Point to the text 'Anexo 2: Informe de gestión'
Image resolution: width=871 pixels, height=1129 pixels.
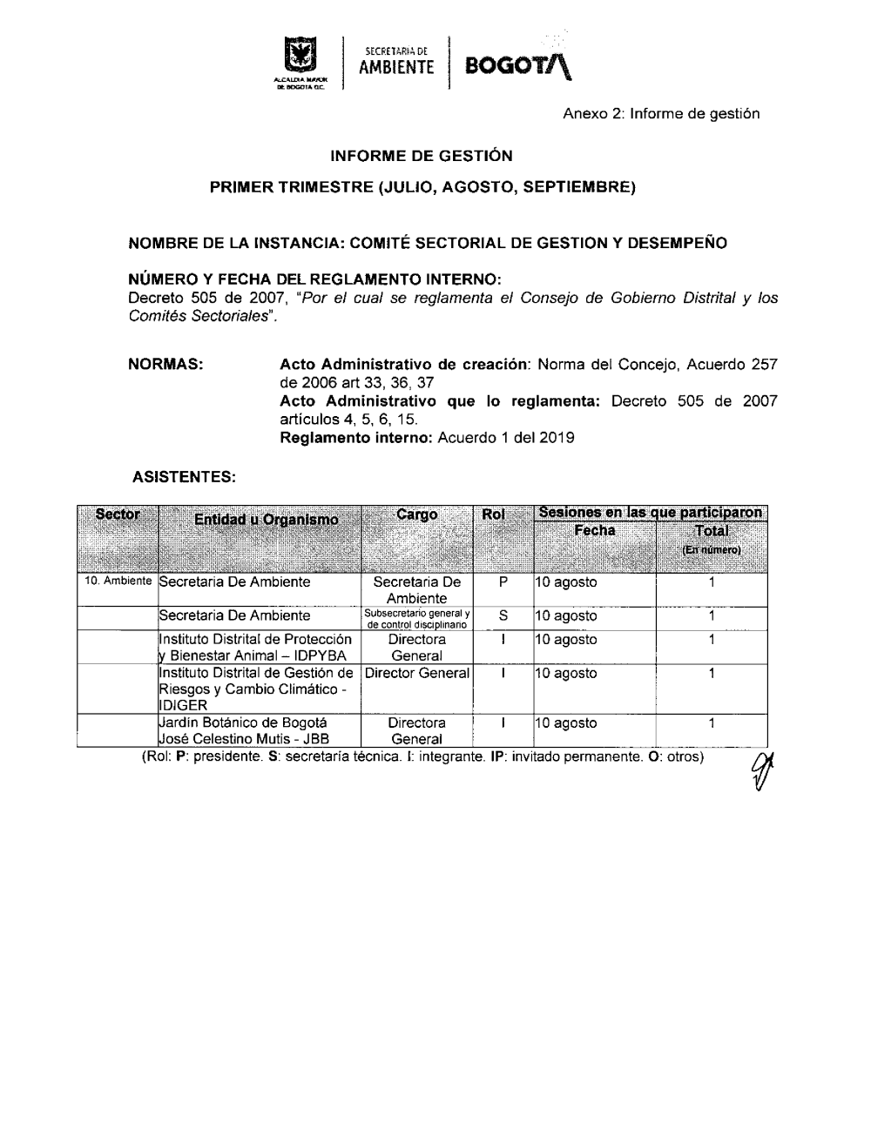tap(661, 114)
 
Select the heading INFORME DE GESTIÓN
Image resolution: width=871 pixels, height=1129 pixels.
tap(422, 157)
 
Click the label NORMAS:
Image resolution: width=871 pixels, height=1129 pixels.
tap(165, 362)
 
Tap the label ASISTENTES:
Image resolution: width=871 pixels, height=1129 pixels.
tap(183, 477)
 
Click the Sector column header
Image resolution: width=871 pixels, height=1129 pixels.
tap(118, 514)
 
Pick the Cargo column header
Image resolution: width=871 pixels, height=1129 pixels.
tap(416, 514)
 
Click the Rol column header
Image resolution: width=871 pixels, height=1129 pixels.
tap(493, 514)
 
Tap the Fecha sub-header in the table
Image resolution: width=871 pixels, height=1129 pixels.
tap(595, 530)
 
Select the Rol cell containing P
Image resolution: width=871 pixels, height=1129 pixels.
tap(503, 582)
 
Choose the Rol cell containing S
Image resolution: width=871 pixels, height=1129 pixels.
tap(503, 616)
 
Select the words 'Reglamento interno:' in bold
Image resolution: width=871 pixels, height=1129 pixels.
tap(355, 438)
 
